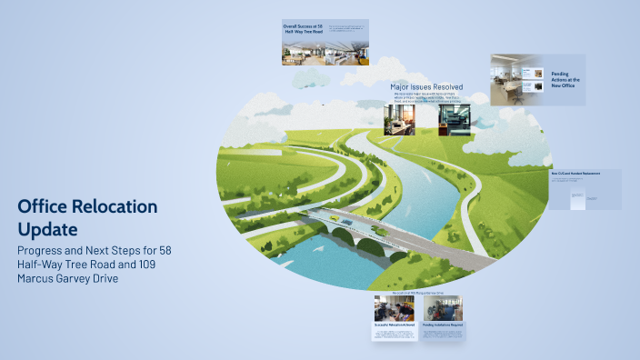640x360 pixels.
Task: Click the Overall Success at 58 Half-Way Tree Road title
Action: pyautogui.click(x=302, y=29)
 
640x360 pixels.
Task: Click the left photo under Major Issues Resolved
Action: pyautogui.click(x=400, y=122)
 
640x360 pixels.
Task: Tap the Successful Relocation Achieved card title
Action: pyautogui.click(x=395, y=325)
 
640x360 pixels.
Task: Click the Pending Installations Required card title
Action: pyautogui.click(x=443, y=325)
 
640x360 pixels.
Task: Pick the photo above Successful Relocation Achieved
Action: pyautogui.click(x=395, y=308)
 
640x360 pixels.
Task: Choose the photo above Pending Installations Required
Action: pyautogui.click(x=443, y=308)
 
